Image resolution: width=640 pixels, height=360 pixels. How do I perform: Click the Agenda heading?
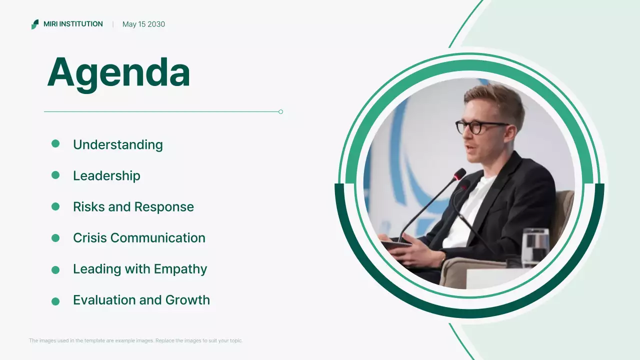click(118, 73)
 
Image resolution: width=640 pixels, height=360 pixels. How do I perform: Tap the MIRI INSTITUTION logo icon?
click(34, 24)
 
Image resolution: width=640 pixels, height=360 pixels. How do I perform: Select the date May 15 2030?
click(143, 24)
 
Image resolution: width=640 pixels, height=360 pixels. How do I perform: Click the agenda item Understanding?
click(117, 144)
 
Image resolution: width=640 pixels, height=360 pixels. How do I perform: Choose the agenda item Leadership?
click(106, 175)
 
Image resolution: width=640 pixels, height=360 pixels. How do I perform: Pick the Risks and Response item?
click(133, 206)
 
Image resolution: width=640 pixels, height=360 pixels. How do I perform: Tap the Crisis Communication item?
click(139, 237)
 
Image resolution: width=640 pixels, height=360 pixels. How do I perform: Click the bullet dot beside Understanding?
click(55, 144)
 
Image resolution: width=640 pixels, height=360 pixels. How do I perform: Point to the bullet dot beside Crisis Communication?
click(55, 238)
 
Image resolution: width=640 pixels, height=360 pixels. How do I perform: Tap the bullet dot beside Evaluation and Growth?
click(55, 301)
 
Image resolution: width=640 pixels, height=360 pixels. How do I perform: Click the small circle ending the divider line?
click(280, 111)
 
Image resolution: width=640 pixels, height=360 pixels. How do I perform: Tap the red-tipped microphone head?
click(459, 174)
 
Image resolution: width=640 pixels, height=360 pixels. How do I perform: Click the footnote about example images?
click(135, 340)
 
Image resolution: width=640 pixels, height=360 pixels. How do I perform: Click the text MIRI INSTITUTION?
click(73, 24)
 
